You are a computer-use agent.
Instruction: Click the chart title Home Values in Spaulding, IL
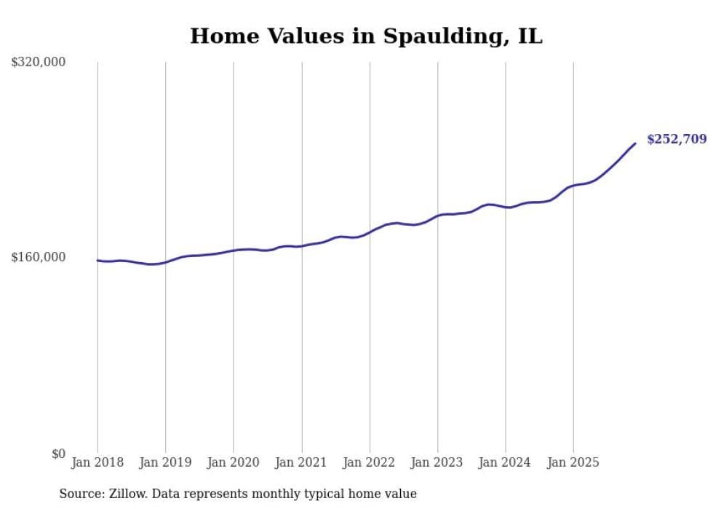[366, 36]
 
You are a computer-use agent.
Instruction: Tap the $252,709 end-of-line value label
[676, 139]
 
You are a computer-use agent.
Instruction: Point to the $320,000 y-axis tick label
[39, 62]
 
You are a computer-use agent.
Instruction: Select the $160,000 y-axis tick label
[39, 257]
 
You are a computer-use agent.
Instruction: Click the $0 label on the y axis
[58, 454]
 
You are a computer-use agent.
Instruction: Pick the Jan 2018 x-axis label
[97, 462]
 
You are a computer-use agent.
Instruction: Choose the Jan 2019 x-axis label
[165, 462]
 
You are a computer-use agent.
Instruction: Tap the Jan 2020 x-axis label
[234, 462]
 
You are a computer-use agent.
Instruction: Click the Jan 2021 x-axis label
[301, 462]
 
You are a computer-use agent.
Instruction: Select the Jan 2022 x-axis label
[370, 462]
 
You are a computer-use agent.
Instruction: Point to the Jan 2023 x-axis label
[437, 462]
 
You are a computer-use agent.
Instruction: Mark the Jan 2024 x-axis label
[506, 462]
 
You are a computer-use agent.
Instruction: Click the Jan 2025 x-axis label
[573, 462]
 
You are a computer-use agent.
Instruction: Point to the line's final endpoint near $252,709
[635, 143]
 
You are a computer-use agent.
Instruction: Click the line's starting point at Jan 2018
[97, 260]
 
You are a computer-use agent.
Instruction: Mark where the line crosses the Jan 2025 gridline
[573, 186]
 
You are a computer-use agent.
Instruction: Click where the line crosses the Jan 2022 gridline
[370, 232]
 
